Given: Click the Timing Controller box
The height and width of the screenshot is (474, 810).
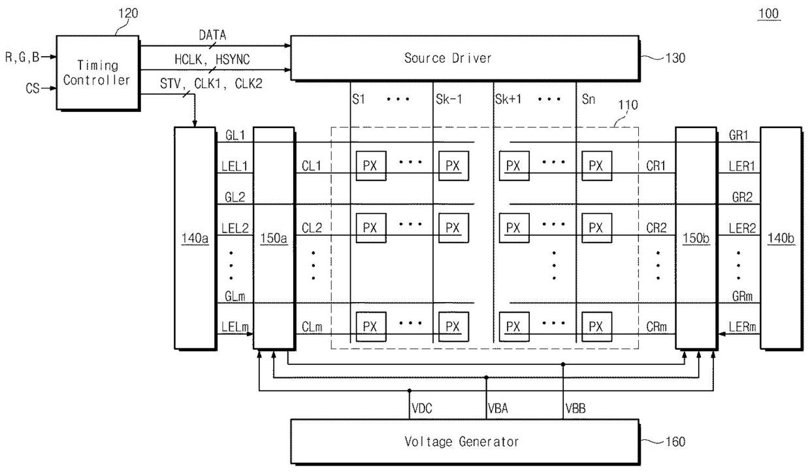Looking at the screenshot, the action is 97,73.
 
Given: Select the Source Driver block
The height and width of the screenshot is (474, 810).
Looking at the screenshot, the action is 465,58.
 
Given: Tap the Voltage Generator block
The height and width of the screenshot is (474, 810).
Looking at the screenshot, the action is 465,441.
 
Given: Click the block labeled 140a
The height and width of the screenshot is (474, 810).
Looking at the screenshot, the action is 195,238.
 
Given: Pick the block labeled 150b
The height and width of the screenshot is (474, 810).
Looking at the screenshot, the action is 696,238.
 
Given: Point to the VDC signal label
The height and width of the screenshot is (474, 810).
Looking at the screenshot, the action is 422,409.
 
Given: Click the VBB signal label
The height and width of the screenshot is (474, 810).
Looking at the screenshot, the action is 575,409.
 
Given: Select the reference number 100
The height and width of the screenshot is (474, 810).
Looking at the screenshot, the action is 768,14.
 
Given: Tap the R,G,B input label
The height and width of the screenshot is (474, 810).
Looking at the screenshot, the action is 22,57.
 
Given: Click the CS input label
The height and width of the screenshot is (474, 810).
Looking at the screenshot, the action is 33,88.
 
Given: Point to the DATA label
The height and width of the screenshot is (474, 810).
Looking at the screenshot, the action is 213,35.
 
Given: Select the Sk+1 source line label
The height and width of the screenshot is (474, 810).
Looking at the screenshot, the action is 508,99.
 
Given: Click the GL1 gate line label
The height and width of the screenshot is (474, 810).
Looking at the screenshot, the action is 235,135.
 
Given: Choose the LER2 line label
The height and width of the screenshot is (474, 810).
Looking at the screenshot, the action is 742,228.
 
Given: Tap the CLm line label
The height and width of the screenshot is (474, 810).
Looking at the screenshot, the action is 312,327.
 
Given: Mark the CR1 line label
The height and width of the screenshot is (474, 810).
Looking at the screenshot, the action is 656,166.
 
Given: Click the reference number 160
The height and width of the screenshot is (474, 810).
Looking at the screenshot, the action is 675,442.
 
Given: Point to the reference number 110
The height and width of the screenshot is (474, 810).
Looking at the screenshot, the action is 628,105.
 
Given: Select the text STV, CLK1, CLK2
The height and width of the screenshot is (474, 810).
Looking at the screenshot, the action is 211,84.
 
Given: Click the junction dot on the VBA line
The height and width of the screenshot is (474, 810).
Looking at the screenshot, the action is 487,378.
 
